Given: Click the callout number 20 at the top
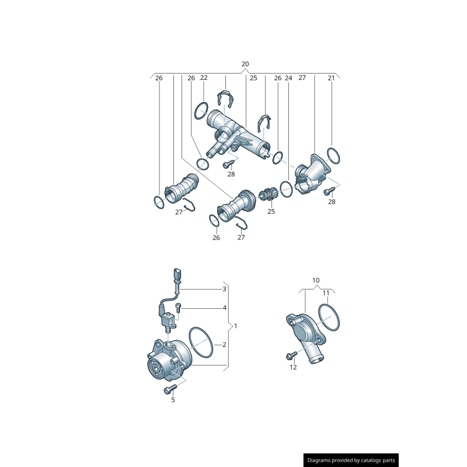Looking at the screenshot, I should tap(245, 64).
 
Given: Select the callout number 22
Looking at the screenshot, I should tap(204, 78).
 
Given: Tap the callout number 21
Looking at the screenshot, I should tap(331, 78).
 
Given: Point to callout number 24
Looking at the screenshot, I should tap(288, 78).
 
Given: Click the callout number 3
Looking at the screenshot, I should tap(224, 289).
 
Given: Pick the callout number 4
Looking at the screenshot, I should tap(224, 308).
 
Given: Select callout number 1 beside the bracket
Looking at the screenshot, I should tap(235, 326).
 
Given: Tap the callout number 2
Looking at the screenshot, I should tap(224, 344).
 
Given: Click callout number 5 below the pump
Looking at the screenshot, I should tap(173, 400).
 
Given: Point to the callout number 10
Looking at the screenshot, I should tap(316, 281).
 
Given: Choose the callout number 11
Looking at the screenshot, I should tap(326, 292).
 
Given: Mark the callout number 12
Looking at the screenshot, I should tap(293, 367).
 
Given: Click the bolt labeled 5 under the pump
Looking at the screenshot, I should tap(170, 389).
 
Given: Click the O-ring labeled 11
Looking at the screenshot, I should tap(330, 318).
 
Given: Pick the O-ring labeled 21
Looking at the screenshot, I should tap(334, 156).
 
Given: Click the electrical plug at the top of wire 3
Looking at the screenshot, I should tap(177, 276).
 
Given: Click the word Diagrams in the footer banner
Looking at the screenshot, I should tap(322, 461).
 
